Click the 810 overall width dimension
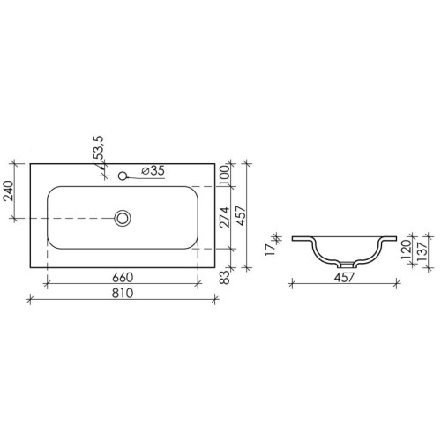pyautogui.click(x=122, y=293)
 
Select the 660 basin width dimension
pyautogui.click(x=123, y=277)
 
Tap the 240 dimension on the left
pyautogui.click(x=9, y=191)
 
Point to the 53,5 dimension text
pyautogui.click(x=98, y=148)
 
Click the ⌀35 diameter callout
pyautogui.click(x=153, y=170)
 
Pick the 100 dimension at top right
pyautogui.click(x=224, y=175)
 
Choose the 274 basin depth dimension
pyautogui.click(x=225, y=217)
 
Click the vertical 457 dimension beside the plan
pyautogui.click(x=241, y=215)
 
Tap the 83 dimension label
pyautogui.click(x=225, y=277)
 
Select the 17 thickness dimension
pyautogui.click(x=271, y=250)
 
